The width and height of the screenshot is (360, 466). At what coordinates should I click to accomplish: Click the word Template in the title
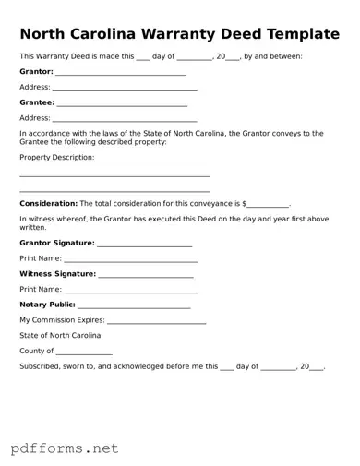pyautogui.click(x=297, y=34)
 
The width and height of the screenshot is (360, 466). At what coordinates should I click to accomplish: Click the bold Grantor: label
pyautogui.click(x=36, y=71)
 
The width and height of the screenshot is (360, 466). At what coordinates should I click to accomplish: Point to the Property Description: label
pyautogui.click(x=56, y=157)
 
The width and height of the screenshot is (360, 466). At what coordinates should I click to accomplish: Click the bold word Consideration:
pyautogui.click(x=48, y=202)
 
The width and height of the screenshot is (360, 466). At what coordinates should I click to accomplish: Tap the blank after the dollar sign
pyautogui.click(x=268, y=203)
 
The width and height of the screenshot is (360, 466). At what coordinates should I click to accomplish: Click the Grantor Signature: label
pyautogui.click(x=56, y=243)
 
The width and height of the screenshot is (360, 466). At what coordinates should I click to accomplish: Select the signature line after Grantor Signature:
pyautogui.click(x=144, y=244)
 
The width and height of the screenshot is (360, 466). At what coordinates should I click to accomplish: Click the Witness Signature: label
pyautogui.click(x=57, y=274)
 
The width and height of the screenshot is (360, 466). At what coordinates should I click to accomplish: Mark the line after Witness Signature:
pyautogui.click(x=146, y=275)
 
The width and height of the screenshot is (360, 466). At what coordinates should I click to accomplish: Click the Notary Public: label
pyautogui.click(x=47, y=305)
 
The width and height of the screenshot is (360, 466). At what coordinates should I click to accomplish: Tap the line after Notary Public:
pyautogui.click(x=134, y=305)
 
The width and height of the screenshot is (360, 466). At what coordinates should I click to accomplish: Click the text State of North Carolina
pyautogui.click(x=60, y=335)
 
